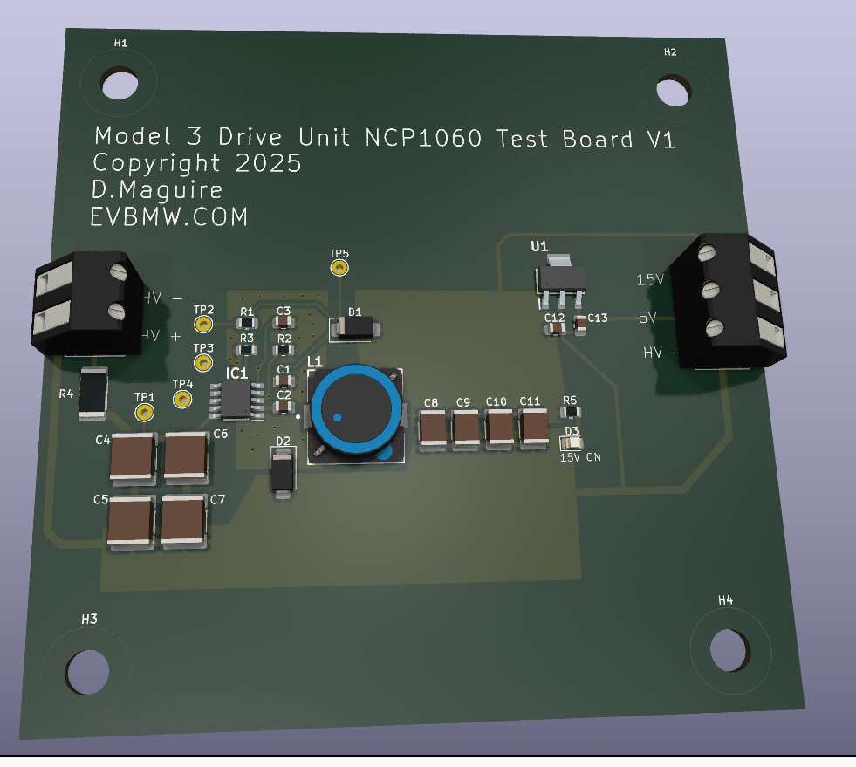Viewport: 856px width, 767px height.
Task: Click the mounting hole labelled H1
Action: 120,83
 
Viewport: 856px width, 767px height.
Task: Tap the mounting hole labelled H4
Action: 729,649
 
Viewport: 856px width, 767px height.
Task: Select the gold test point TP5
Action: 339,268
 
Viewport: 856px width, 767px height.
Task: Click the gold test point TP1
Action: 144,412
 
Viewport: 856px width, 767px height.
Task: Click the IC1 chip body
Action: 236,401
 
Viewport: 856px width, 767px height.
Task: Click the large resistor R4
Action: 92,393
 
